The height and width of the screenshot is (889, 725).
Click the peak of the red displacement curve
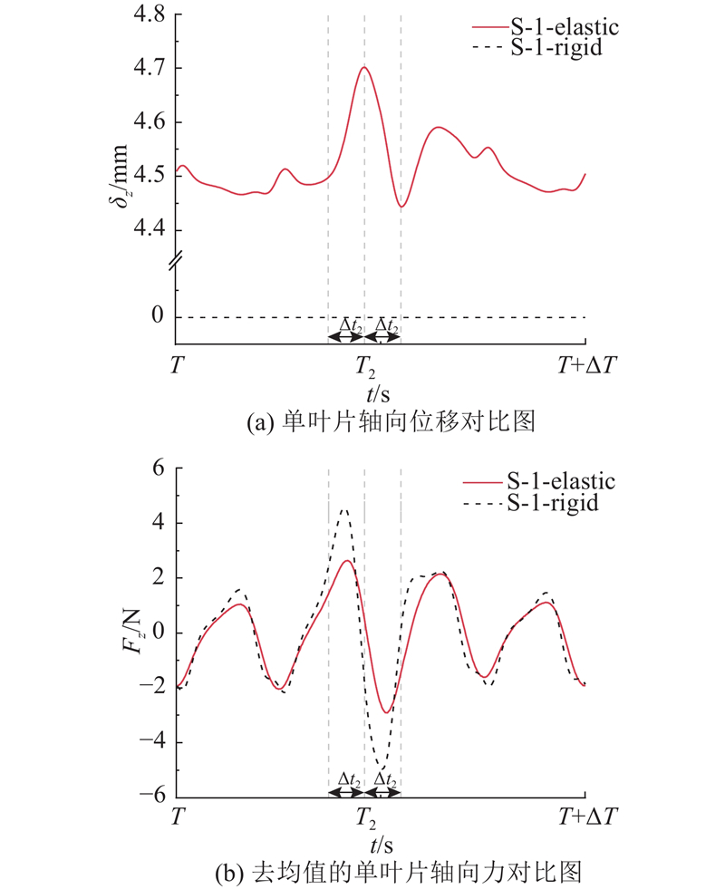[364, 67]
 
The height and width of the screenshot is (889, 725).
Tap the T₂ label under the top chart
[365, 367]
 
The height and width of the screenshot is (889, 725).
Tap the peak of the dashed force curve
[343, 510]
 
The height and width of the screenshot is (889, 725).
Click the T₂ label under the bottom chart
[365, 816]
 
